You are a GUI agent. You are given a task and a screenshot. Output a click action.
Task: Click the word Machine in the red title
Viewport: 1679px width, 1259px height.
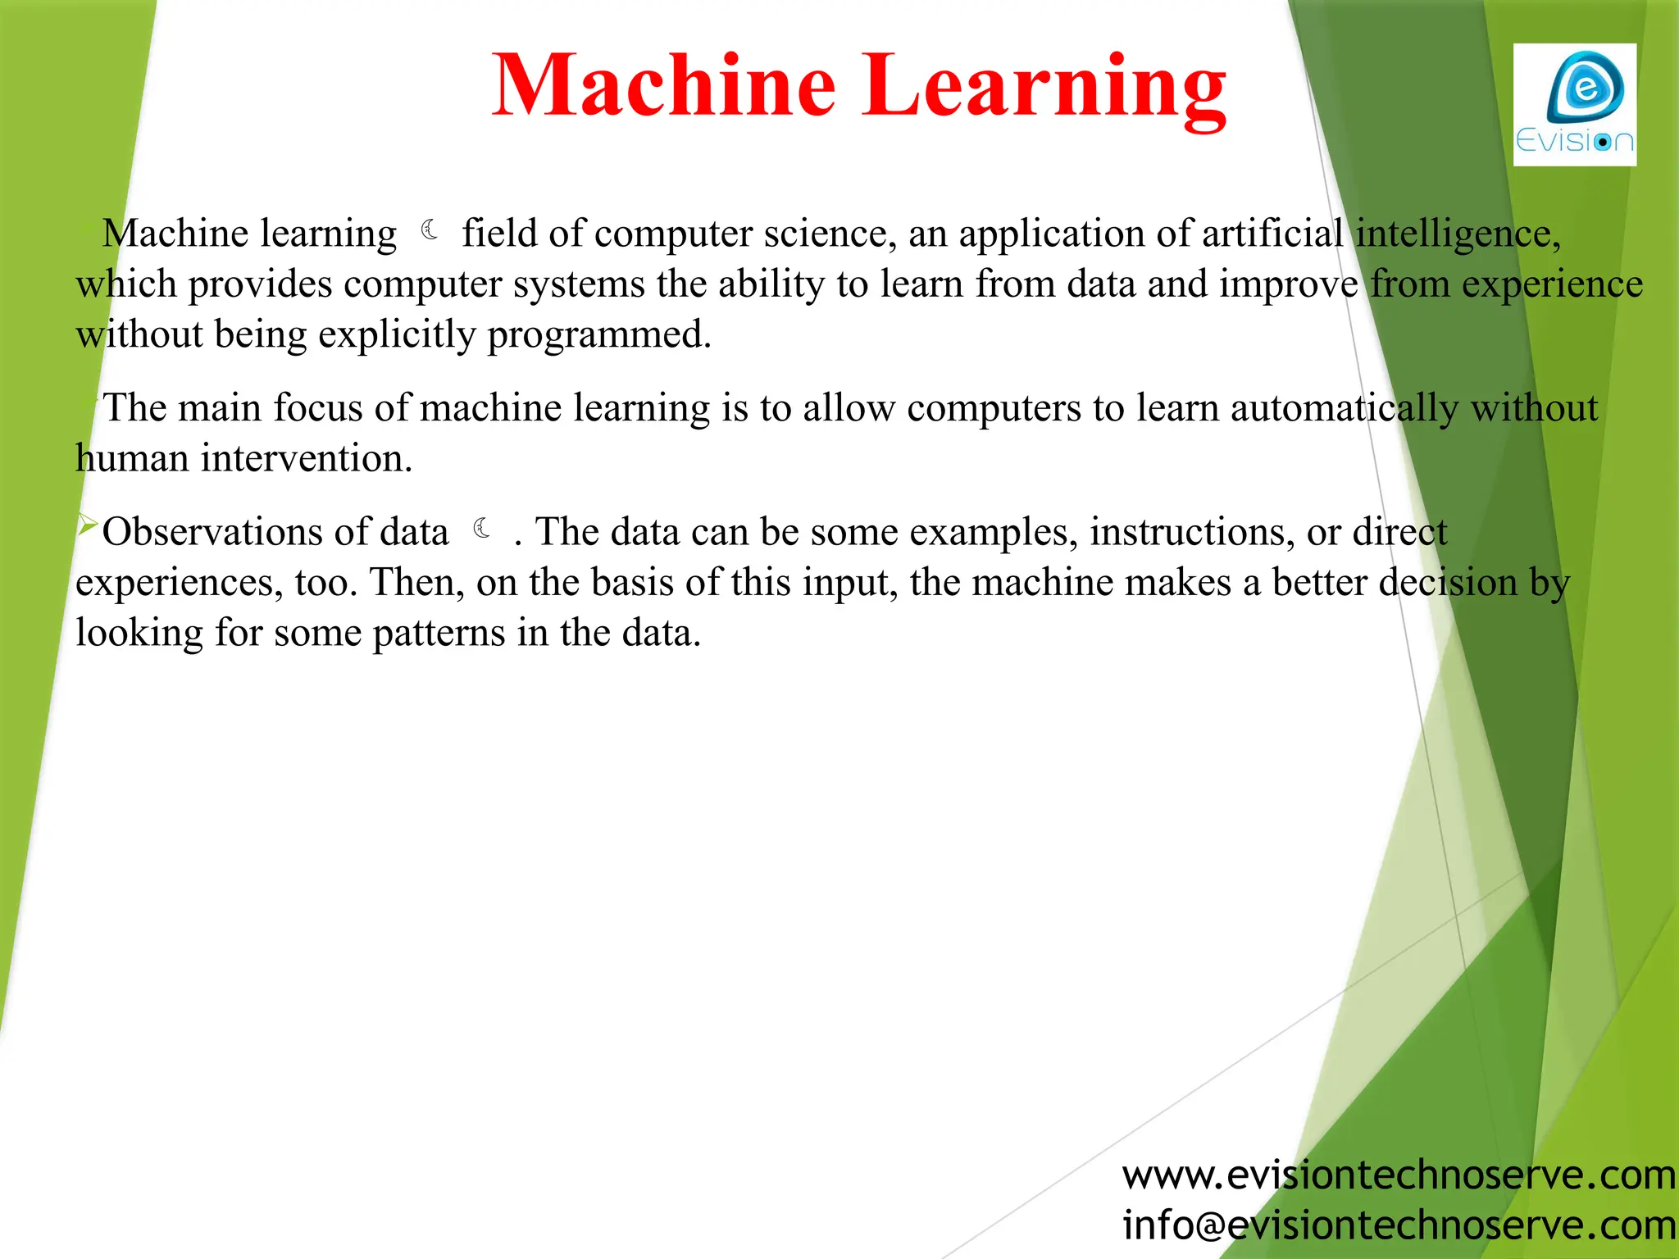pos(664,85)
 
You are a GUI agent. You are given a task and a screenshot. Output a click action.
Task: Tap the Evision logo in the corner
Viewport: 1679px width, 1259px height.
pos(1574,105)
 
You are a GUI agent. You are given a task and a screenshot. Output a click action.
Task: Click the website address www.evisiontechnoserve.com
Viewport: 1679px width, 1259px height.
pos(1399,1175)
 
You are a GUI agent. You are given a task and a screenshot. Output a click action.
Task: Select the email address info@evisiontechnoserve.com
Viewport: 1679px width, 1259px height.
pos(1399,1225)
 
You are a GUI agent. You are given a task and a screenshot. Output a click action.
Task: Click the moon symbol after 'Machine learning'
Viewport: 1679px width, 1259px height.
pos(430,230)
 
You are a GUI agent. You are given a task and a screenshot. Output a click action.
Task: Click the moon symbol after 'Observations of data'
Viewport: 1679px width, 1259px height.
pos(483,529)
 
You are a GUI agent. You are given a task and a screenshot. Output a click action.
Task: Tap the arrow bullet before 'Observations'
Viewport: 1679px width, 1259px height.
pos(87,524)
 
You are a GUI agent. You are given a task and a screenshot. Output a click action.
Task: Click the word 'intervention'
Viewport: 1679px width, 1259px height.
pos(305,458)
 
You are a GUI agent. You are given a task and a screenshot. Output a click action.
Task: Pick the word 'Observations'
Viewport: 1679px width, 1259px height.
pos(275,532)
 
